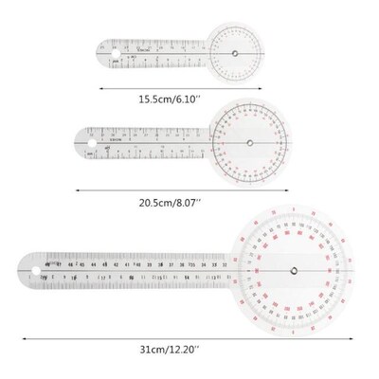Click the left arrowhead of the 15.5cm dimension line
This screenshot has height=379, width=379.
point(102,83)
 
